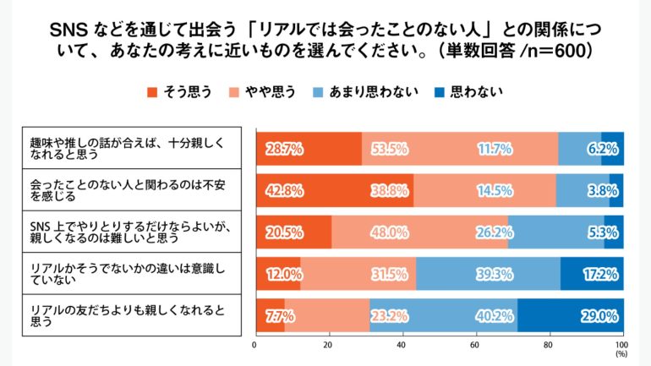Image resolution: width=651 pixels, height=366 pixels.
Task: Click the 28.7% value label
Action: pos(284,149)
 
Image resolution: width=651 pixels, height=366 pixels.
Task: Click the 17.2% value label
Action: pos(602,274)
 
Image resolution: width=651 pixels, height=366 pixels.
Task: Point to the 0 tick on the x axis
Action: pos(255,345)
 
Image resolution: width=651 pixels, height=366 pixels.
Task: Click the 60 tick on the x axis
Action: pos(476,345)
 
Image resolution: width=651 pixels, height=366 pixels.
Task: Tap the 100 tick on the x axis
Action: pos(622,345)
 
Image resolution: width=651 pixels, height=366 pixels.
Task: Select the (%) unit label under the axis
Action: pos(622,355)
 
